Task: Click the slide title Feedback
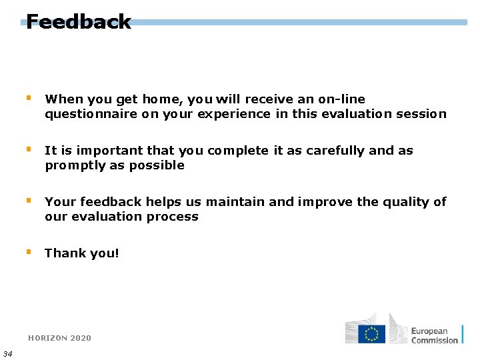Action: click(79, 22)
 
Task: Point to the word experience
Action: click(231, 114)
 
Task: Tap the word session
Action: click(421, 114)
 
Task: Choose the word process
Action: click(175, 217)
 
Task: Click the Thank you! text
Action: click(82, 253)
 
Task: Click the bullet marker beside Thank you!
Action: click(29, 252)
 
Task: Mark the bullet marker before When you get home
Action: click(29, 98)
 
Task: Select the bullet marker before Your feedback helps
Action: click(29, 201)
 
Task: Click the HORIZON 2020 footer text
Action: click(59, 338)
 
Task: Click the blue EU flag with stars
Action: click(371, 333)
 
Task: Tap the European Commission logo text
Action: click(434, 335)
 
